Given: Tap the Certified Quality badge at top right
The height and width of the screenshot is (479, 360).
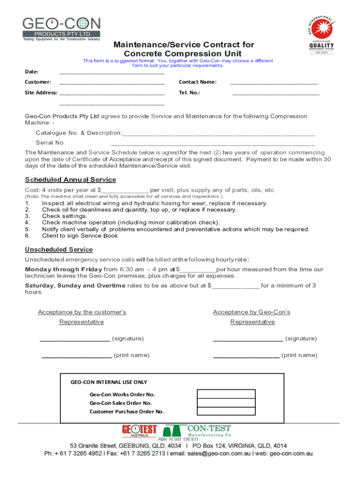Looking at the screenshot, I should (321, 35).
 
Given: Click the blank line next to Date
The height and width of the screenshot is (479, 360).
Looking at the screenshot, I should (112, 73).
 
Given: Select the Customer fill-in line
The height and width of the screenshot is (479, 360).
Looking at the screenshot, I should (112, 83).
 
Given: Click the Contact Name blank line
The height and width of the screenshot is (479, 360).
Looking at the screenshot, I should (274, 83).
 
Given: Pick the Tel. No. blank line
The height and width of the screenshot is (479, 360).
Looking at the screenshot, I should (276, 94).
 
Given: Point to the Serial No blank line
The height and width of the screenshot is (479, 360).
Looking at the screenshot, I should (213, 144).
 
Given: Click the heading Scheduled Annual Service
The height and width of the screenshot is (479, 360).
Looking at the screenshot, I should (70, 180).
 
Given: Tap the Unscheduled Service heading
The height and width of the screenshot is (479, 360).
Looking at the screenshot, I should (58, 250).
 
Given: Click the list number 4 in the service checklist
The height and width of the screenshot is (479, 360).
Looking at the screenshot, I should (27, 223).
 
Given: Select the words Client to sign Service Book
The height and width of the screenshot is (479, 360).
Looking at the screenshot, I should (80, 236).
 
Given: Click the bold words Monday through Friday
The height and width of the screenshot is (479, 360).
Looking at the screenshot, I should (63, 269).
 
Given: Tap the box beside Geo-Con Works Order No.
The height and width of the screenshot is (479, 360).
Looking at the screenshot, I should (226, 394).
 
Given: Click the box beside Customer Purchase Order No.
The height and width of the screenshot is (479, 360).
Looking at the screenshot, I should (226, 412).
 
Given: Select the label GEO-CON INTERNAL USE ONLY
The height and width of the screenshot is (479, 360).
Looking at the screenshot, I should (108, 382).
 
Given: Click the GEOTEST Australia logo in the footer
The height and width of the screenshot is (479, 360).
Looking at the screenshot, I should (139, 431).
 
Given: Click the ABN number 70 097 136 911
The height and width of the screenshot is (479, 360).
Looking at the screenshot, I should (178, 440).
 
